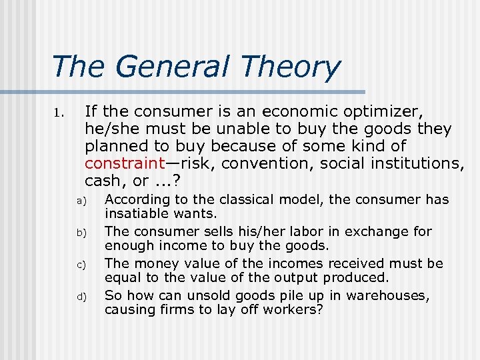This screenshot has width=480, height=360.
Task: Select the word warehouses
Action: (x=393, y=295)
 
